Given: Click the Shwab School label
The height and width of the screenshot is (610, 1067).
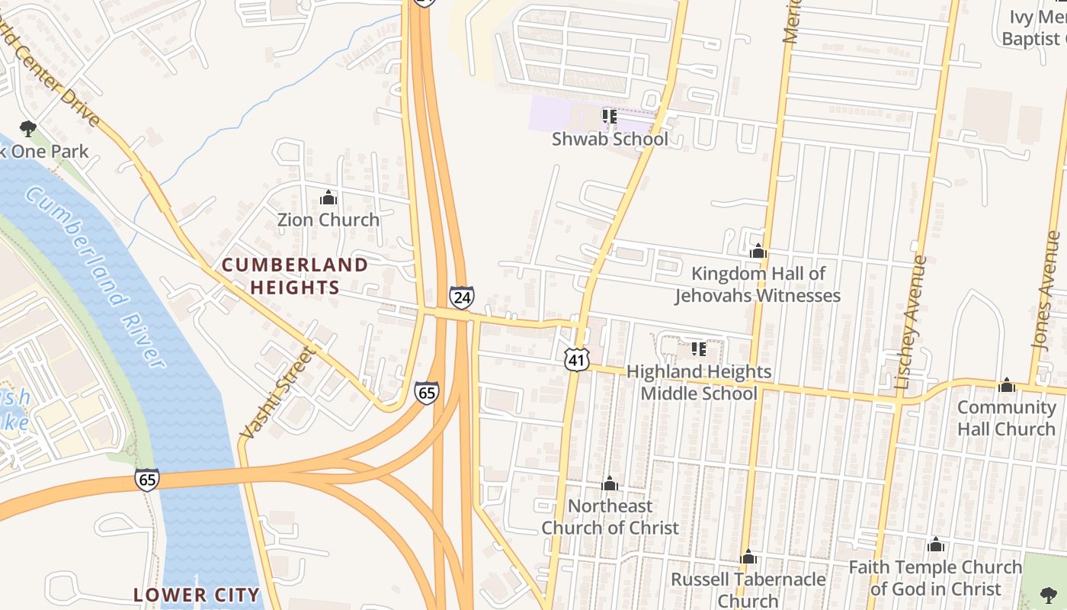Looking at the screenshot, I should (610, 139).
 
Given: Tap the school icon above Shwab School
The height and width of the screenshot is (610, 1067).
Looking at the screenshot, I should (609, 117).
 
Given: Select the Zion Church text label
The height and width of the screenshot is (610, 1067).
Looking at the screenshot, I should (328, 220).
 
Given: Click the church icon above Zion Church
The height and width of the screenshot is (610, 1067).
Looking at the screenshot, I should (328, 198).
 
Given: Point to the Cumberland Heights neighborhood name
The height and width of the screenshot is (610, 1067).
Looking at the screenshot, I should (294, 276).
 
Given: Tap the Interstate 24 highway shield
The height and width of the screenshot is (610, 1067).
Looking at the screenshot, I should (461, 297).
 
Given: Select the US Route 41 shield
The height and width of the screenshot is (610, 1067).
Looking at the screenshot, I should (577, 359).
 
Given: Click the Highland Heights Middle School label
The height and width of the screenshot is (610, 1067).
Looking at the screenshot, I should (699, 382).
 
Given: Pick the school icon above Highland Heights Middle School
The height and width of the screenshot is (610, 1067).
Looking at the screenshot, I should (698, 350).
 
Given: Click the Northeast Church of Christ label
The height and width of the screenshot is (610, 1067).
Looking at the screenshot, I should (610, 516).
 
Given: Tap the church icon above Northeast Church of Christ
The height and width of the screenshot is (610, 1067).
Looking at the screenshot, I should (609, 484).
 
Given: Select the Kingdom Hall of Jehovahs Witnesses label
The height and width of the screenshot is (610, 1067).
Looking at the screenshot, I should (758, 284).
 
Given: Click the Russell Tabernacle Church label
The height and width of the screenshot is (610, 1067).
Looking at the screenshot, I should (748, 589).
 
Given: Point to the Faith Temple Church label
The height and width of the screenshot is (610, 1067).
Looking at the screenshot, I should (935, 578).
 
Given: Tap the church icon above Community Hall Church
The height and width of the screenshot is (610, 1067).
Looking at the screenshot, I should (1007, 385).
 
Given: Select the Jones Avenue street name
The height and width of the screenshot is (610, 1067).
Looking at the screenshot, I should (1046, 290).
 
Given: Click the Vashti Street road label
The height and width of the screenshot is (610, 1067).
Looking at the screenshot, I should (277, 393).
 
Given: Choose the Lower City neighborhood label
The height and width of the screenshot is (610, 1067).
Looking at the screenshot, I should (197, 595).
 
